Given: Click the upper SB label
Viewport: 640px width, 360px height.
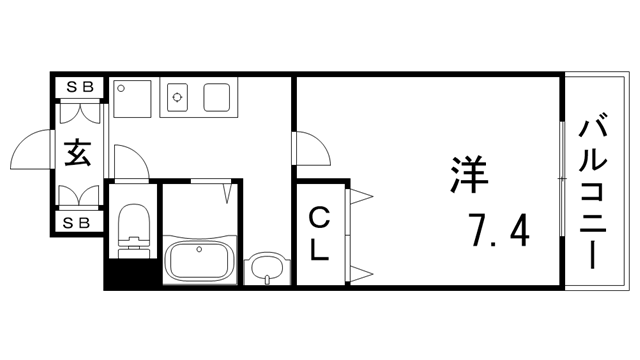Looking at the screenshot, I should click(x=80, y=87).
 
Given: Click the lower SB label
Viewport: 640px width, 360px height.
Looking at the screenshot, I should click(x=80, y=222).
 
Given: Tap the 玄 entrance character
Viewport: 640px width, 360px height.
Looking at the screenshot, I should click(x=79, y=154).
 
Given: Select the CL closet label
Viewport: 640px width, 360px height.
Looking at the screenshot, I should click(x=319, y=233).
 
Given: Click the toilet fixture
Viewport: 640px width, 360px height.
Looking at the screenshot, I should click(x=132, y=227).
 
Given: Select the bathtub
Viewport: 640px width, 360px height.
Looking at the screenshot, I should click(x=200, y=263).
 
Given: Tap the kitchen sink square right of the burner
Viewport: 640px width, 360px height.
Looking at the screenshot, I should click(x=218, y=97).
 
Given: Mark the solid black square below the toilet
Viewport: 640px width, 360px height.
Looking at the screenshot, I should click(x=130, y=271).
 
